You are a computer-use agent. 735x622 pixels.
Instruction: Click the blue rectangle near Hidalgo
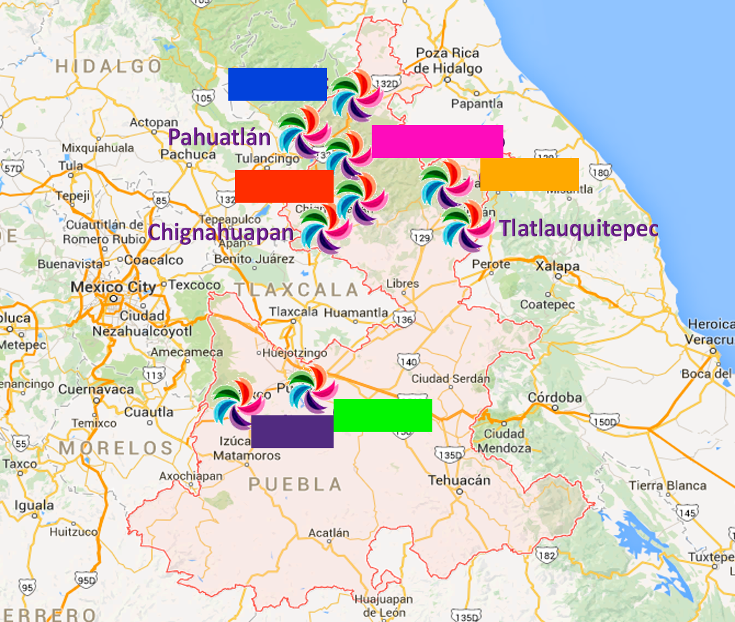pos(277,84)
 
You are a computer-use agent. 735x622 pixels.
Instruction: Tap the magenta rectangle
pos(437,142)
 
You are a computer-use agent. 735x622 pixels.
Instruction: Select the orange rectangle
pos(529,174)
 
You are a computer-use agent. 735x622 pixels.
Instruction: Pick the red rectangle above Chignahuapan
pos(284,186)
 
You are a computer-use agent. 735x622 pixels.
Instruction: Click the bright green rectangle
pos(382,415)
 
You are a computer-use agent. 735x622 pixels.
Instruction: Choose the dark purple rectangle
pos(292,432)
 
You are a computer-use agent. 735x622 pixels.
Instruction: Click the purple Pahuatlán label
pos(219,138)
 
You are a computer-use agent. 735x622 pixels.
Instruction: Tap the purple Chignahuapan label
pos(220,232)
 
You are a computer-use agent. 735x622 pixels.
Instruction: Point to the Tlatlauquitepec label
pos(578,228)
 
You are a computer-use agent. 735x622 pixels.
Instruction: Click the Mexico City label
pos(113,287)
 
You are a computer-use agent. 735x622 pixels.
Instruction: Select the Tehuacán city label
pos(459,480)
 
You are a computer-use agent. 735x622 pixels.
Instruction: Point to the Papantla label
pos(477,103)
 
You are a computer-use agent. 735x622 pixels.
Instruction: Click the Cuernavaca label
pos(95,389)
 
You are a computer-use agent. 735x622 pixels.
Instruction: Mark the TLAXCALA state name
pos(297,290)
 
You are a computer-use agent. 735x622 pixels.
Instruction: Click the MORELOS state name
pos(117,449)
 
